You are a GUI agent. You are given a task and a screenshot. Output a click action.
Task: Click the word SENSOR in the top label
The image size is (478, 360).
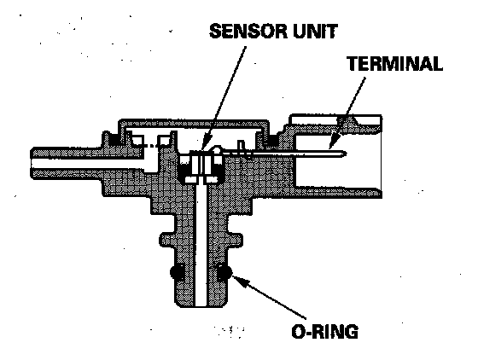(248, 31)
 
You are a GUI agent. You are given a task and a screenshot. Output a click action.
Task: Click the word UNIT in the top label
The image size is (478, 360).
(315, 31)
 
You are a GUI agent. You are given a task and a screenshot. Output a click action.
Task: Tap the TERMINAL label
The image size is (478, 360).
(394, 63)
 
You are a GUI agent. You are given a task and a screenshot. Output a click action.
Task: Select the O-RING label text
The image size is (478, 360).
(324, 331)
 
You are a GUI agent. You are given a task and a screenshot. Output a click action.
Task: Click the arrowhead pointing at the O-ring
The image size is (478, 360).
(239, 280)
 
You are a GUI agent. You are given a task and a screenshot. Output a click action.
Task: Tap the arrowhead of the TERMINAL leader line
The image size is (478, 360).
(334, 142)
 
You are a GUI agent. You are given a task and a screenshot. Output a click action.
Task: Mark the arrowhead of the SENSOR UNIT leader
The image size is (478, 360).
(206, 144)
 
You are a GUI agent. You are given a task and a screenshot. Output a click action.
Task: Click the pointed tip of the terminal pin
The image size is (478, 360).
(346, 154)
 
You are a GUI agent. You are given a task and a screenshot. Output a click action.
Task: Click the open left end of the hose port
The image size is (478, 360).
(32, 163)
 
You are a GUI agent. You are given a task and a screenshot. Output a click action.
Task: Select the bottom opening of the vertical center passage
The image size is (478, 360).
(201, 305)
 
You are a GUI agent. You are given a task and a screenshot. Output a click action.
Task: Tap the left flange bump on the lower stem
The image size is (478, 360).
(165, 241)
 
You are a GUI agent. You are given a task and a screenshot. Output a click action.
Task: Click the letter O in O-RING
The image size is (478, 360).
(298, 332)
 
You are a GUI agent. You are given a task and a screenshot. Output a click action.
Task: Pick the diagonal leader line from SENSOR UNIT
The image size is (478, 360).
(225, 98)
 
